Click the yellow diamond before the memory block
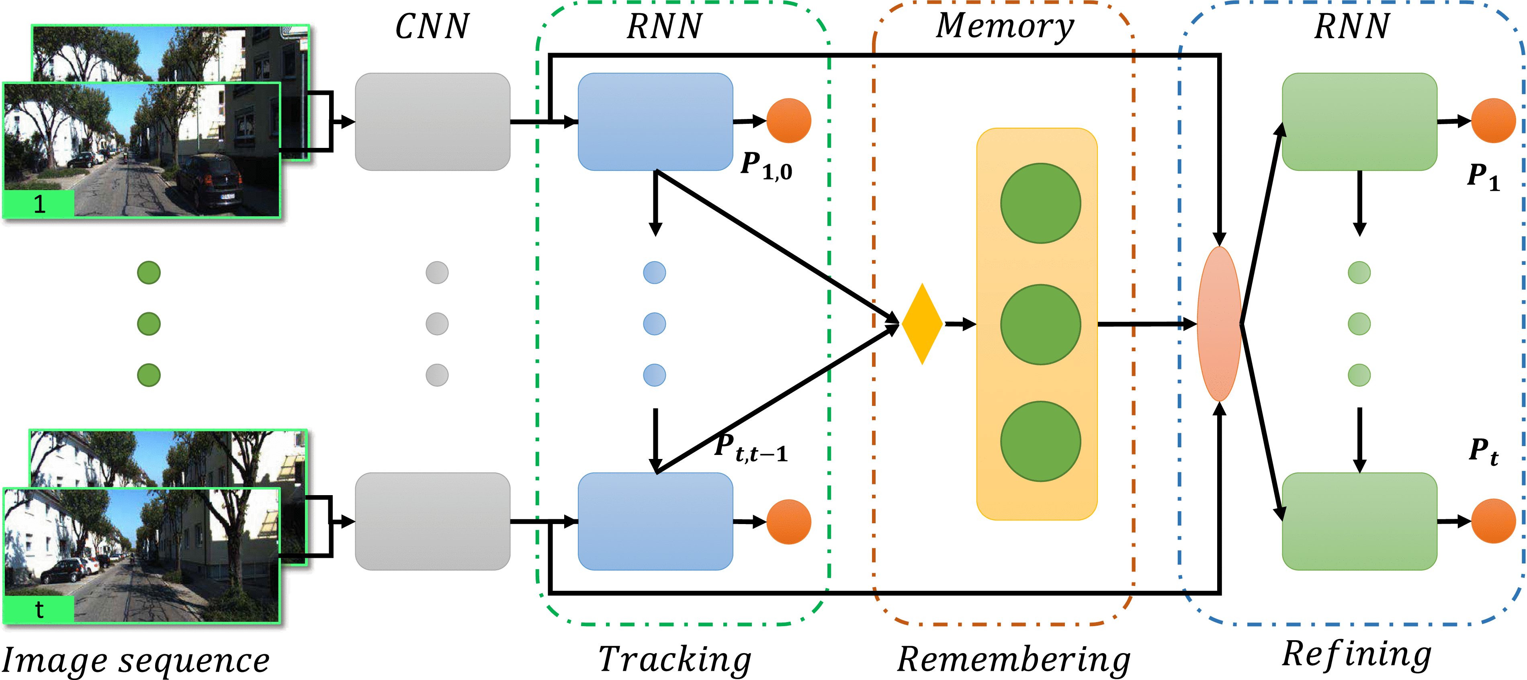tap(922, 324)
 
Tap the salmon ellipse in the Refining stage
tap(1219, 324)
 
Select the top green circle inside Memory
tap(1040, 203)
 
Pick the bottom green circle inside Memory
tap(1040, 441)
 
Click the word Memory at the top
tap(1004, 26)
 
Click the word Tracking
tap(675, 659)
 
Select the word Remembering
tap(1014, 659)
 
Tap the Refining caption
tap(1356, 655)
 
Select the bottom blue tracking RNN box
tap(655, 521)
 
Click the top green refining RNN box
tap(1359, 121)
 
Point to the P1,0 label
tap(766, 166)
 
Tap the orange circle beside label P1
tap(1493, 121)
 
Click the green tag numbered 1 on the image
tap(39, 204)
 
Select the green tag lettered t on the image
tap(39, 609)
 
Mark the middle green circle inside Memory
tap(1040, 324)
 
